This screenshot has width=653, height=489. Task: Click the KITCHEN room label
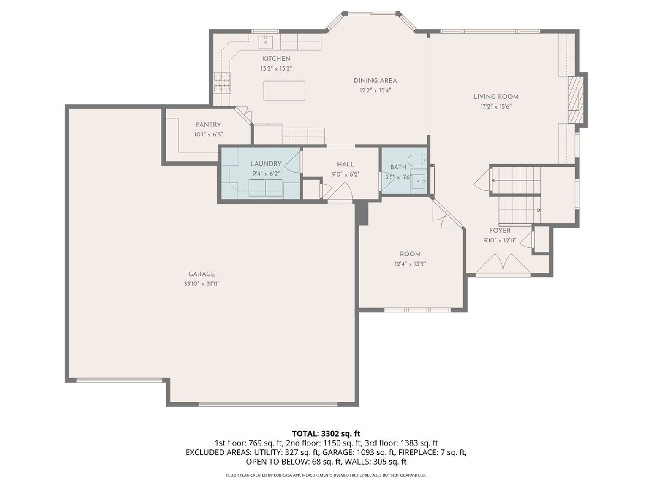(x=276, y=59)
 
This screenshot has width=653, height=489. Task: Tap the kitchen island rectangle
(x=284, y=90)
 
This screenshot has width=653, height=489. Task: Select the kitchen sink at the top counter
(x=265, y=41)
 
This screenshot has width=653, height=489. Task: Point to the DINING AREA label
(x=375, y=80)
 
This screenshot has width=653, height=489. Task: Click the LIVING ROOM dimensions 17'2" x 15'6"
(x=496, y=106)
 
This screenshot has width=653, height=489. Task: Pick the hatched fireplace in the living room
(x=575, y=100)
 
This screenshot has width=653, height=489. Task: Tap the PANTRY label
(x=208, y=125)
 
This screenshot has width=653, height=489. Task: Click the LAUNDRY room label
(x=266, y=164)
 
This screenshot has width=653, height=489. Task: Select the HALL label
(x=346, y=164)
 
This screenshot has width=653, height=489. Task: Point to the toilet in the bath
(x=417, y=161)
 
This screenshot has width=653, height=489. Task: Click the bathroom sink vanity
(x=419, y=180)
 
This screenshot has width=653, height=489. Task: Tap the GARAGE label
(x=201, y=274)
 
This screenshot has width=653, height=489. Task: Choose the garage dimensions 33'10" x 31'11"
(x=202, y=284)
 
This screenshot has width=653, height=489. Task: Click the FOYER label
(x=500, y=231)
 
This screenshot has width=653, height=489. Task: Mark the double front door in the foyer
(x=503, y=264)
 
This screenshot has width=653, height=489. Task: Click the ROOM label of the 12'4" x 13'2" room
(x=410, y=254)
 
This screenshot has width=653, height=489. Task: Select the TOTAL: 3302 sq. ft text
(x=326, y=434)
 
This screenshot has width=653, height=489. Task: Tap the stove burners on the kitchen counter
(x=223, y=83)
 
